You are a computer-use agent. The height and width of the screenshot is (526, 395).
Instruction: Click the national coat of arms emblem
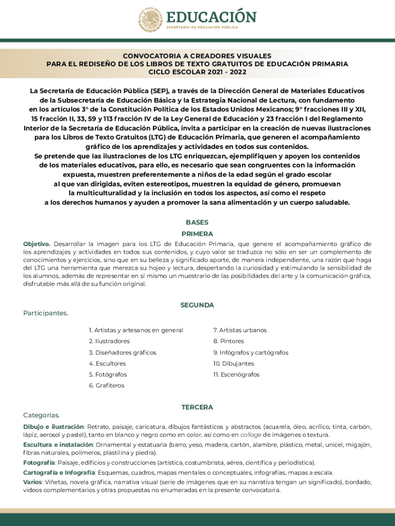[150, 21]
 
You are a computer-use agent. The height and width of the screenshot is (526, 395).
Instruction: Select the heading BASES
[197, 222]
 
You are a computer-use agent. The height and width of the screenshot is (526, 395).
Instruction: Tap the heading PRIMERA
[197, 234]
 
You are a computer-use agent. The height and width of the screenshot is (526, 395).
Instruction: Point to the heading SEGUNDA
[197, 305]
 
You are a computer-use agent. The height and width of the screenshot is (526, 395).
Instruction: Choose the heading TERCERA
[197, 407]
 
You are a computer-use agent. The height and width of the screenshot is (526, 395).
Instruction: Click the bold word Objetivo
[36, 244]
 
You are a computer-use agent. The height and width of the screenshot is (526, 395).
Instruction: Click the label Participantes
[46, 313]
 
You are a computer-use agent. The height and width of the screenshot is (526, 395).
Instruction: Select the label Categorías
[42, 415]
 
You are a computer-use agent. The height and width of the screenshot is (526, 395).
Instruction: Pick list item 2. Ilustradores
[109, 341]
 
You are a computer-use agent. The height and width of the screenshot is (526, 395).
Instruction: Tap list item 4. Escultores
[107, 364]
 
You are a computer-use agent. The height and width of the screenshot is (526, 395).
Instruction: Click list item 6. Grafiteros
[106, 386]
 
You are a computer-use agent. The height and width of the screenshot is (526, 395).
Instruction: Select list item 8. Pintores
[229, 341]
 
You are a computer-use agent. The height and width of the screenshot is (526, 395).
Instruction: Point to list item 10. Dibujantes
[234, 364]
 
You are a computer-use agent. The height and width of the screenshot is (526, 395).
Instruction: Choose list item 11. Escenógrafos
[236, 374]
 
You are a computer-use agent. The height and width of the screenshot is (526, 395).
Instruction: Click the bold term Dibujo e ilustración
[53, 427]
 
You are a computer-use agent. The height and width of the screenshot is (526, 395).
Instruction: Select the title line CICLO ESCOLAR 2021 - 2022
[197, 72]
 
